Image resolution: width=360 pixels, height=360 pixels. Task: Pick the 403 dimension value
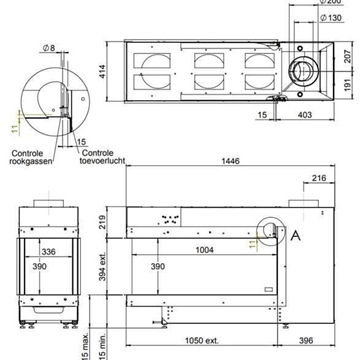(x=299, y=116)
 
